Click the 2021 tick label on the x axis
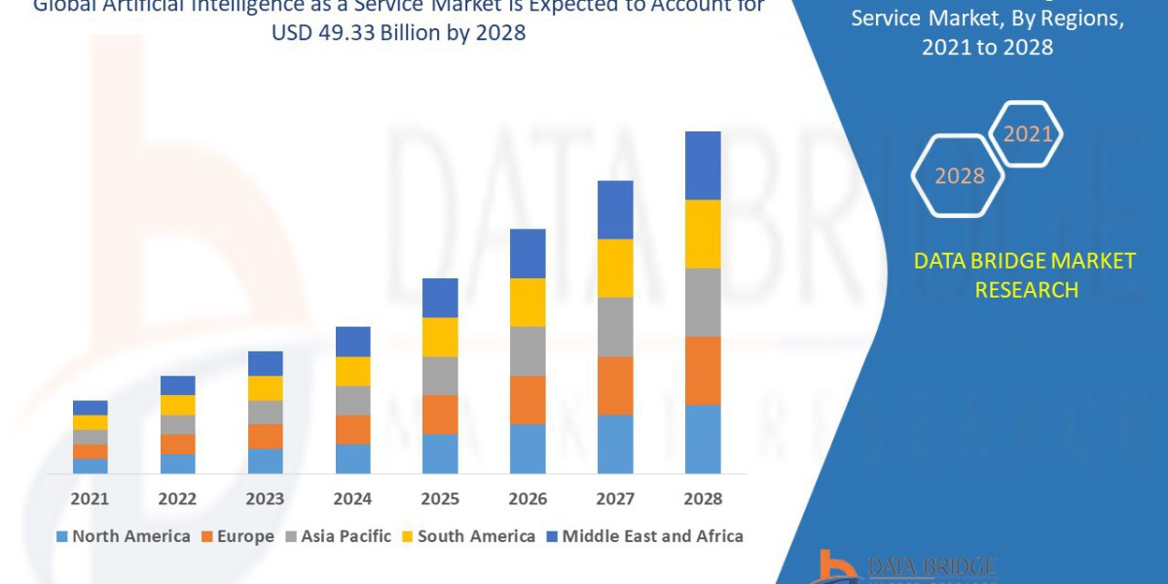pos(90,498)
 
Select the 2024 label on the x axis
pos(352,498)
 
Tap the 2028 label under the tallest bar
pos(703,498)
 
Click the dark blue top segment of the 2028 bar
pos(703,165)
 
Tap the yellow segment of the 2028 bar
pos(703,234)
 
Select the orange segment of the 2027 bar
pos(615,385)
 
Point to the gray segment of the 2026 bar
pos(528,350)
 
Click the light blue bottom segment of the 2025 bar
pos(440,454)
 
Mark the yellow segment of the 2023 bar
pos(265,387)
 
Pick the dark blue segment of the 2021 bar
pos(90,407)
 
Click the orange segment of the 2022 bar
pos(177,444)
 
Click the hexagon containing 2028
pos(959,176)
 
